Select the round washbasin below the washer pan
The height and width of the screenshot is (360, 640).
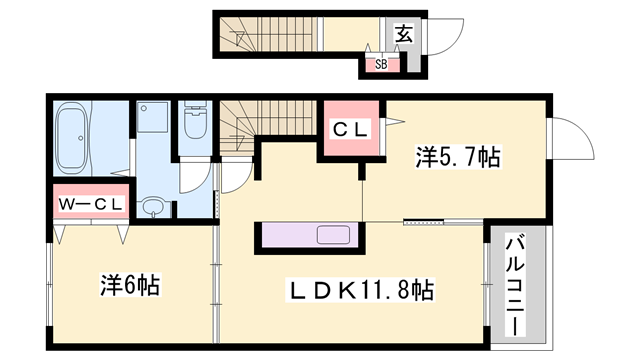click(152, 208)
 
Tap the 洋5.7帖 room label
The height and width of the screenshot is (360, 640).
click(458, 157)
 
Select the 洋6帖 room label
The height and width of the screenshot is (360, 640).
click(130, 283)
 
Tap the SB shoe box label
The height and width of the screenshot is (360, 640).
click(381, 65)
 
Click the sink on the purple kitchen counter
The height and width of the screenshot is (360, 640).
click(333, 237)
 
